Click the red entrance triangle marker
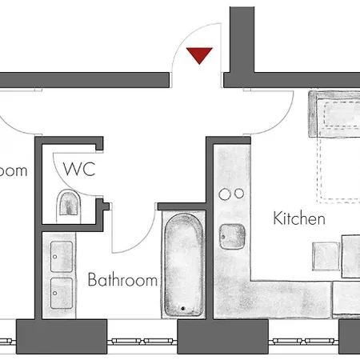click(198, 55)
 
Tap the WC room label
click(80, 170)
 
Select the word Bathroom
click(122, 281)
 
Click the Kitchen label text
click(299, 218)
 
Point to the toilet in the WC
click(70, 205)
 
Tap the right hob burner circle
click(239, 194)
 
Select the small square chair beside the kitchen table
click(327, 256)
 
